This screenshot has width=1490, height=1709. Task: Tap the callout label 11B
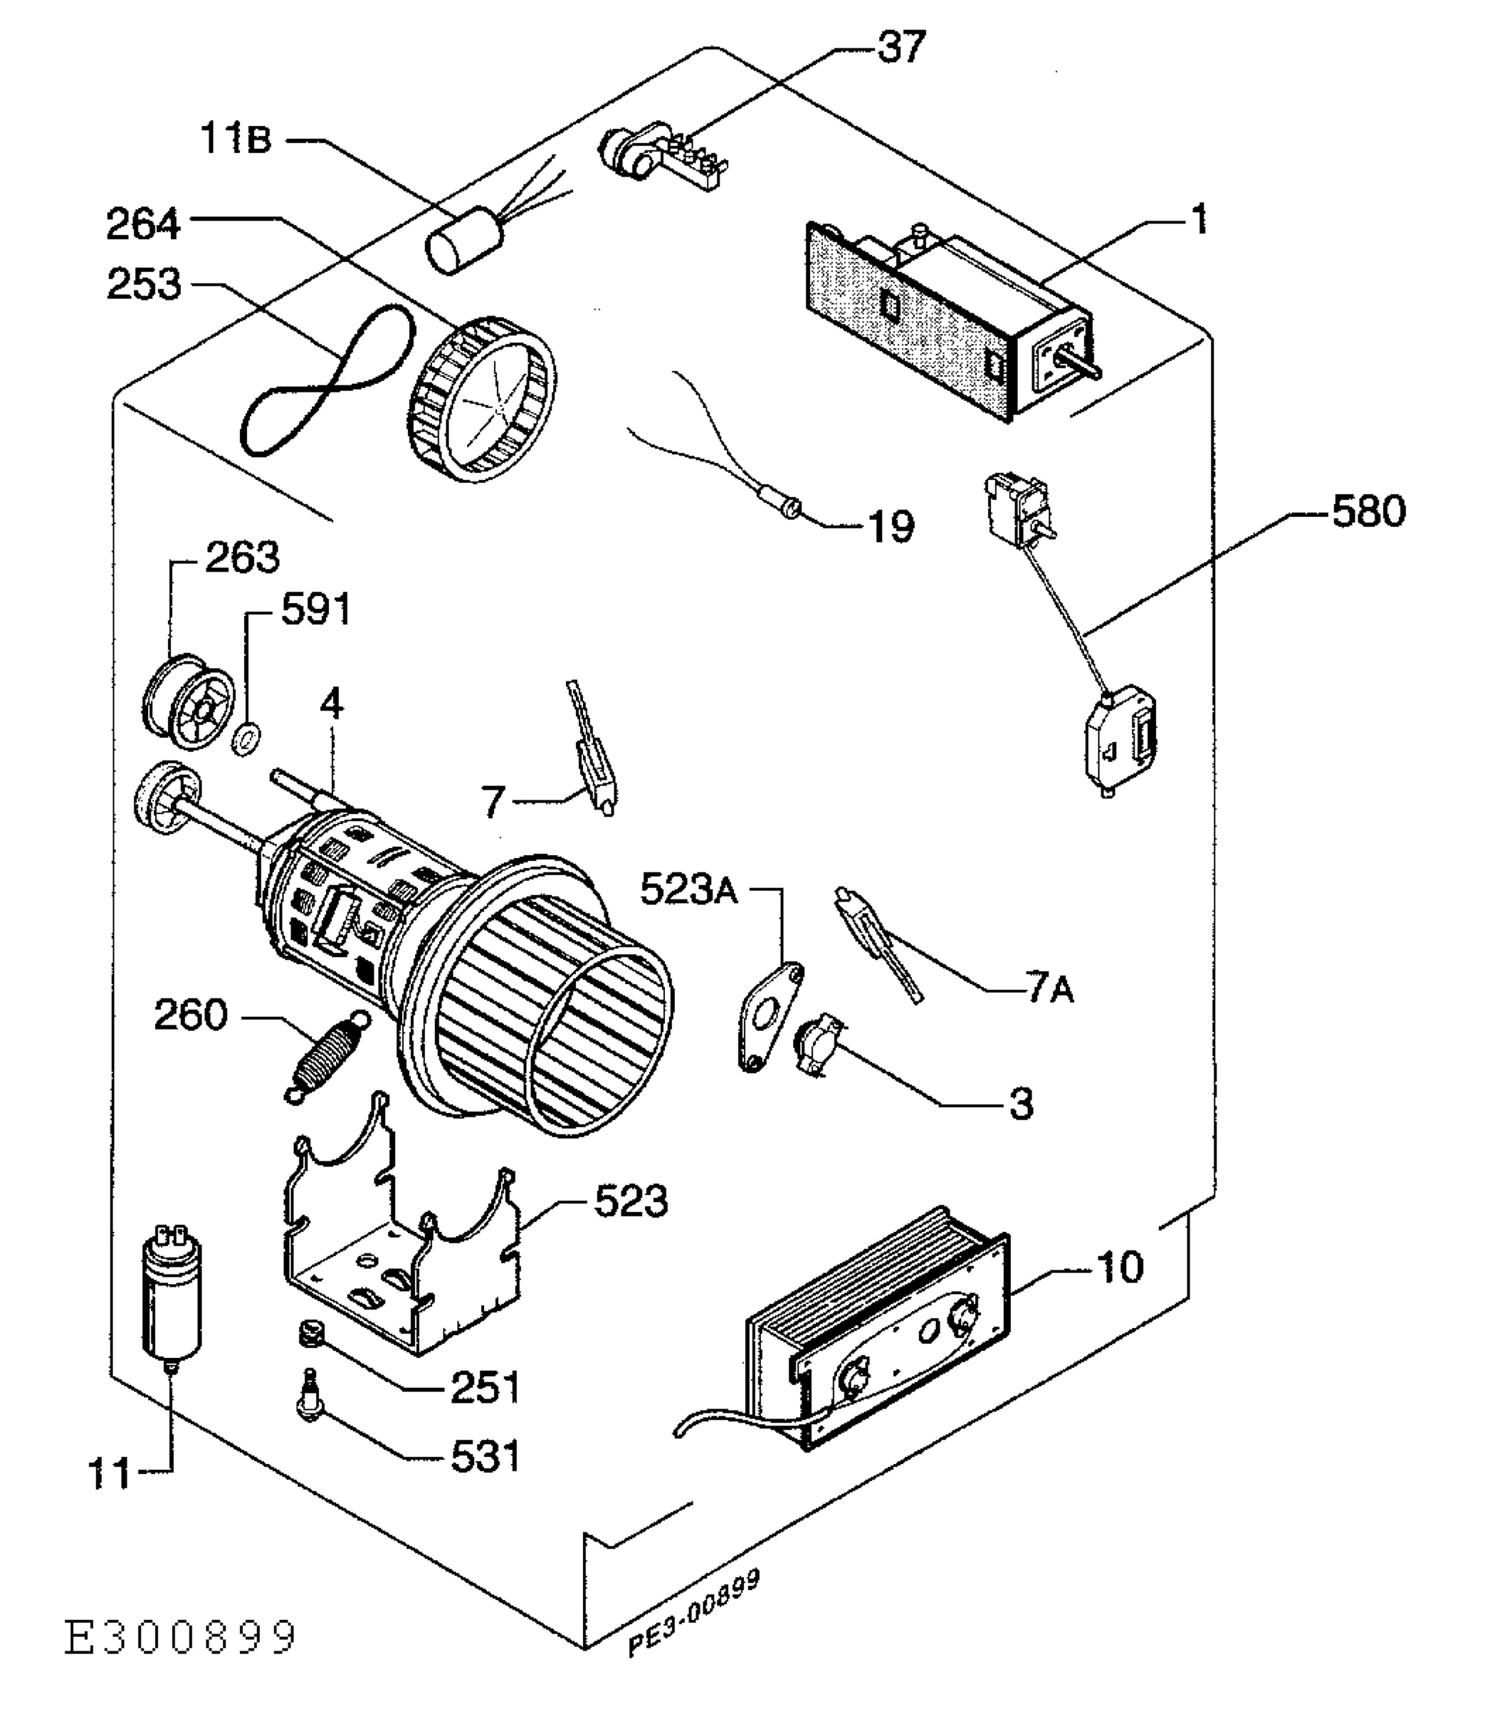click(x=236, y=139)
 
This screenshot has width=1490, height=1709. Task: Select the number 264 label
click(x=143, y=224)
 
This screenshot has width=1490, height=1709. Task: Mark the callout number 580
click(x=1368, y=511)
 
